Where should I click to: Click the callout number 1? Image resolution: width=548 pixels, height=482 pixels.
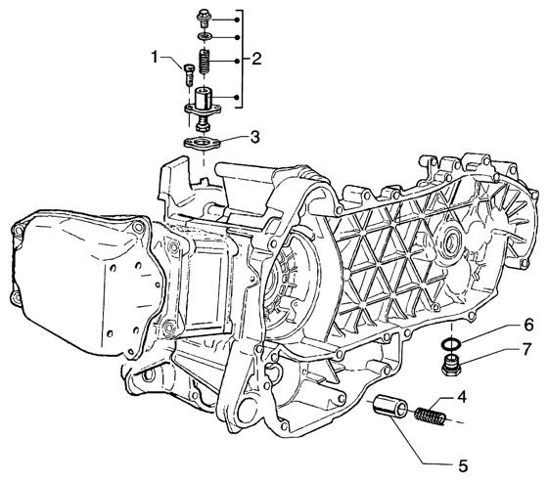(155, 58)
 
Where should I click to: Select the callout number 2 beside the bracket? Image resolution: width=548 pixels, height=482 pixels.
(256, 59)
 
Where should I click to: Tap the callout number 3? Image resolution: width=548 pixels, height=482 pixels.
(255, 137)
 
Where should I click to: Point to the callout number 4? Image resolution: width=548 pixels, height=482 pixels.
(461, 397)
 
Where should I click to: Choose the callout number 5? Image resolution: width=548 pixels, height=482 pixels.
(463, 465)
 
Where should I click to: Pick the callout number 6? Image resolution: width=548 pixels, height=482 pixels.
(528, 325)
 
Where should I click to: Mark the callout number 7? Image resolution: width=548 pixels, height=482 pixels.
(526, 349)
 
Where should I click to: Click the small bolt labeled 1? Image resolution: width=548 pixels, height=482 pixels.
(188, 74)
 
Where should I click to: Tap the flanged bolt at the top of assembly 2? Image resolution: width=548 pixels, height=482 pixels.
(204, 19)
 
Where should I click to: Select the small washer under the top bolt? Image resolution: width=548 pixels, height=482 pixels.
(204, 36)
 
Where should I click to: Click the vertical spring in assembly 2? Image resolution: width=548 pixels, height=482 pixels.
(205, 62)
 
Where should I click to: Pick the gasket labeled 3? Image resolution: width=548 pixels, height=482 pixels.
(203, 143)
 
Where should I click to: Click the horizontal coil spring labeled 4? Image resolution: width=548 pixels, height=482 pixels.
(431, 416)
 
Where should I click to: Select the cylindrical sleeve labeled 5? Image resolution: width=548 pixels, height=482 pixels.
(390, 406)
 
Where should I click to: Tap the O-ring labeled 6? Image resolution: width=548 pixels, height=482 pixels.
(451, 344)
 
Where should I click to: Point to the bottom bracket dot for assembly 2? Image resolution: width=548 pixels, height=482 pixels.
(237, 98)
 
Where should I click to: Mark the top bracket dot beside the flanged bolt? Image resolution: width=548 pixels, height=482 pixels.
(237, 20)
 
